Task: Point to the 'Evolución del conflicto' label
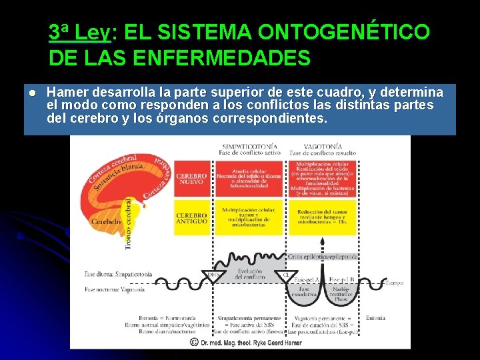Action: pos(250,273)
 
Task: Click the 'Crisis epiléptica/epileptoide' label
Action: pos(323,256)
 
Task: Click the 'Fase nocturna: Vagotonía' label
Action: pos(114,289)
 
